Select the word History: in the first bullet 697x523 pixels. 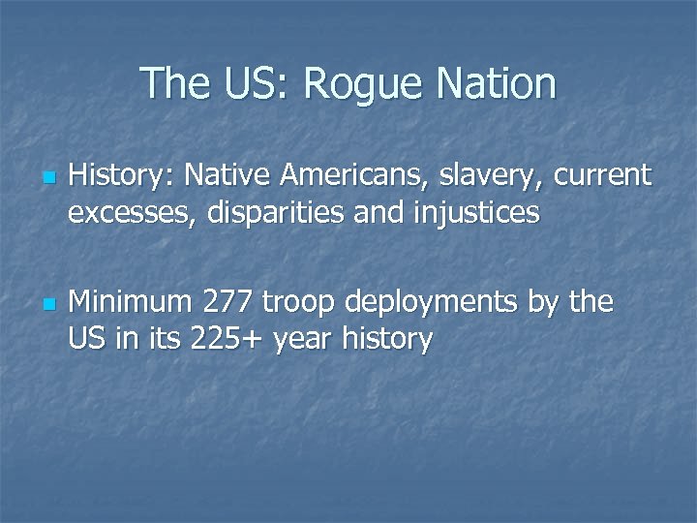pos(121,175)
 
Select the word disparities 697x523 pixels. pos(278,212)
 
